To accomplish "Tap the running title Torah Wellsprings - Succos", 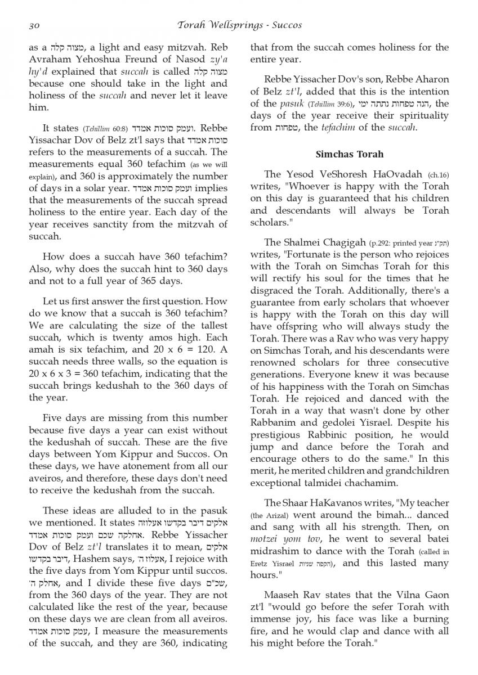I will click(239, 25).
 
